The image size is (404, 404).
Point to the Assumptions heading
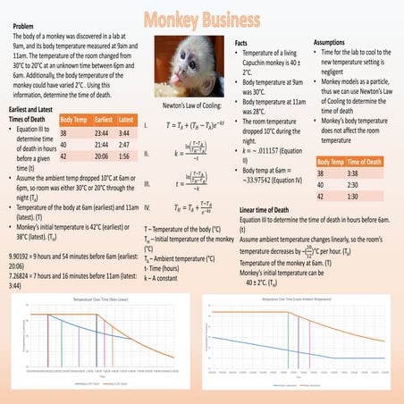pos(335,41)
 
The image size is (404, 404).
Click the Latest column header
pos(126,118)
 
